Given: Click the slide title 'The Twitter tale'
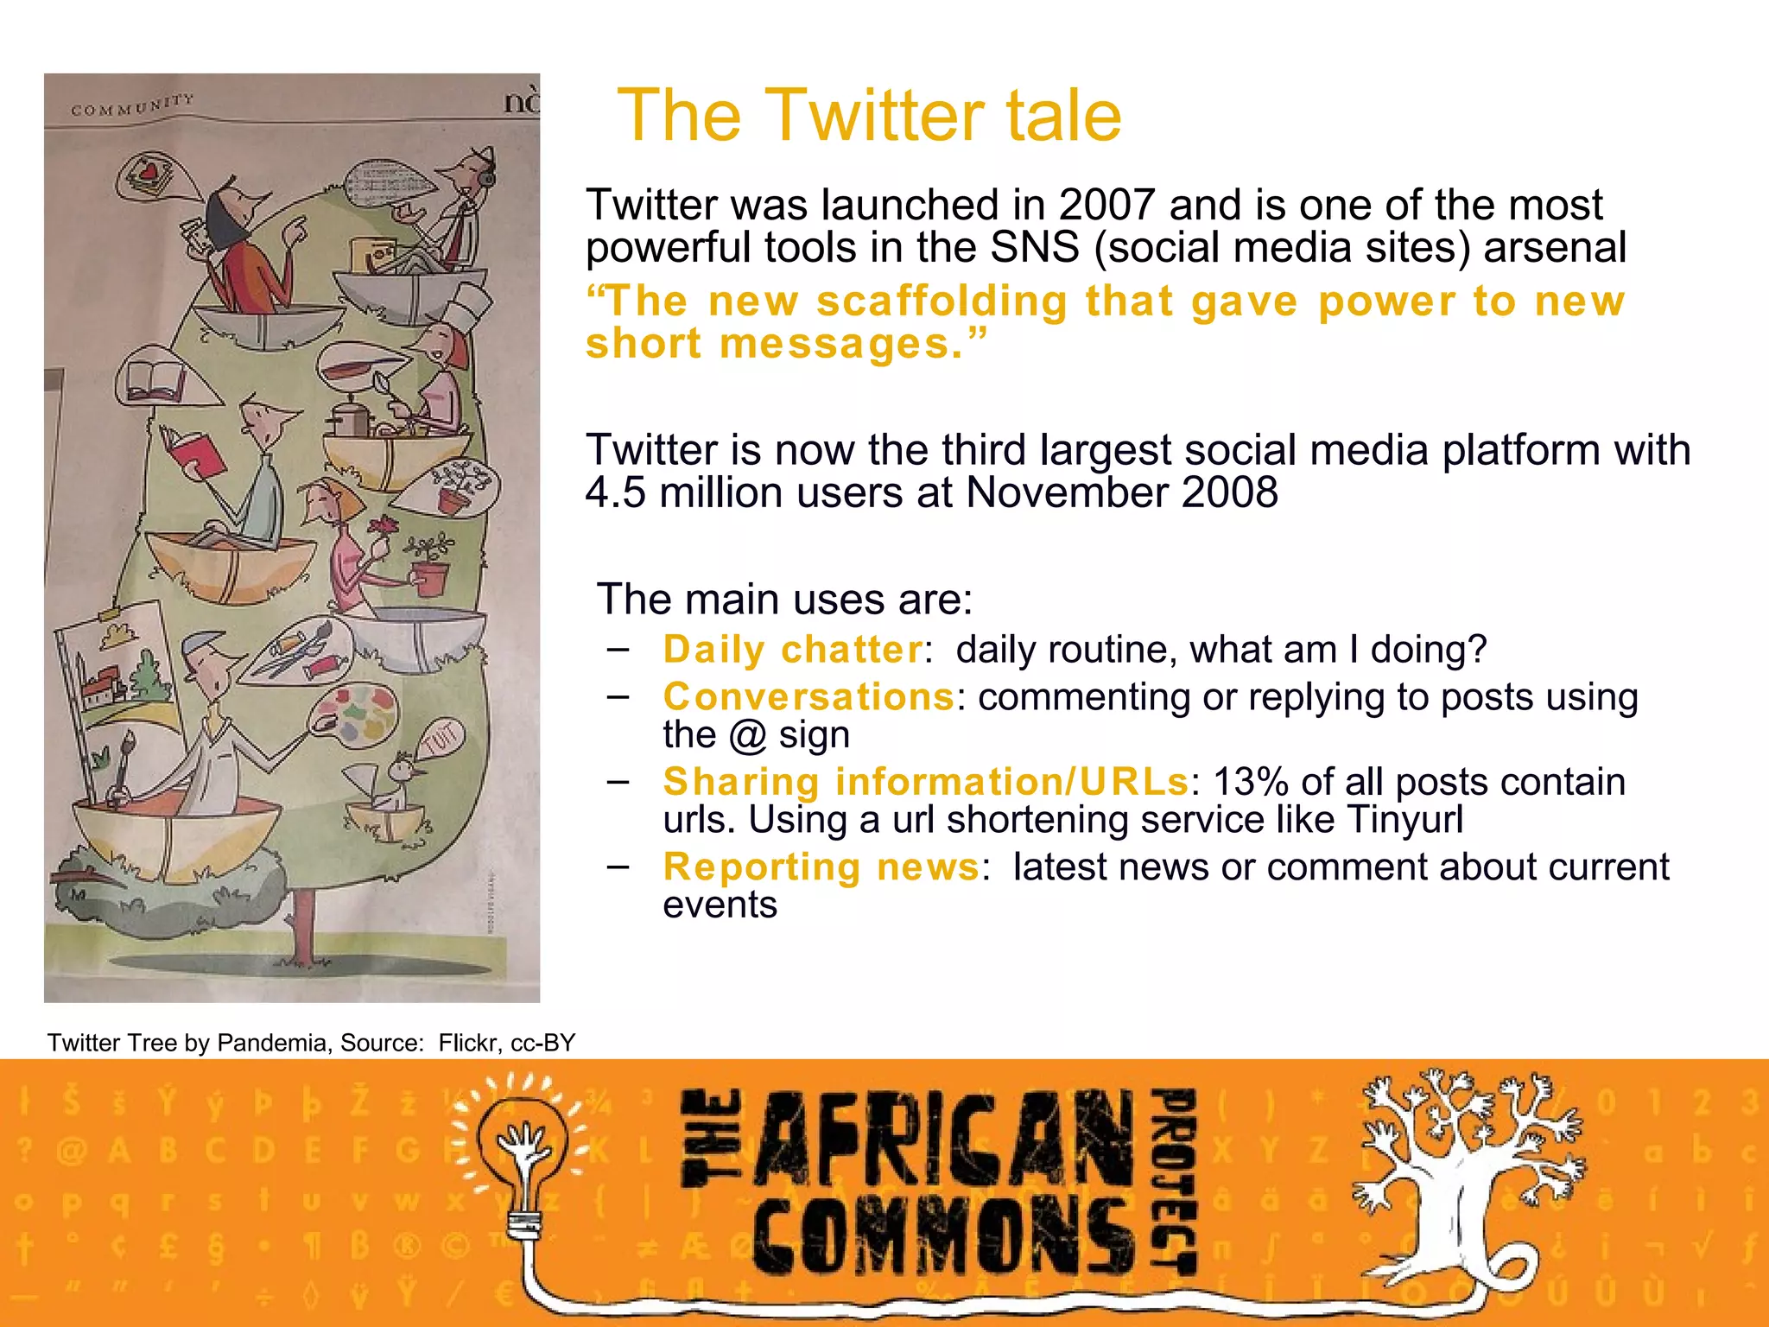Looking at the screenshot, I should tap(869, 116).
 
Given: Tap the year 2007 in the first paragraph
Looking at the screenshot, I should tap(1107, 206).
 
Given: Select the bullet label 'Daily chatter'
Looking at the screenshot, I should tap(793, 650).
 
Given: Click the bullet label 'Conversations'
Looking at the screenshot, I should tap(808, 696).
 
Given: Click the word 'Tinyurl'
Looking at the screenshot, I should tap(1404, 820).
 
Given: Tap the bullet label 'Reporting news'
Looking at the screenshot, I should tap(821, 867).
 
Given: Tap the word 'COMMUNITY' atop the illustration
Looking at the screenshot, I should tap(132, 105).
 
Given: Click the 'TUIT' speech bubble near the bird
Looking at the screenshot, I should tap(441, 739).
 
